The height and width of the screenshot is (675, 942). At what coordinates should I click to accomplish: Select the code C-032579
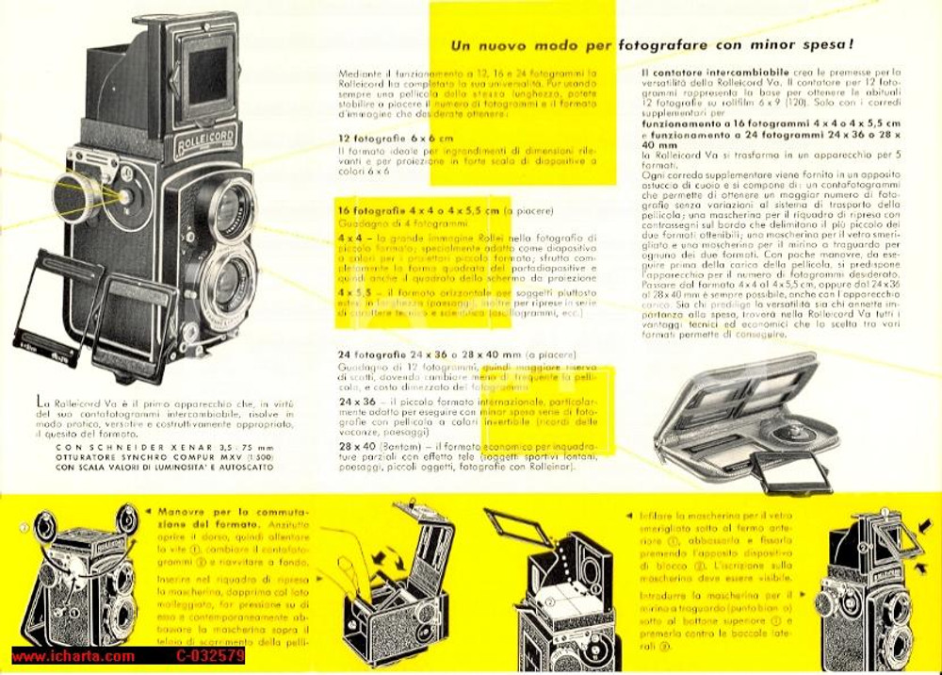tap(209, 656)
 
